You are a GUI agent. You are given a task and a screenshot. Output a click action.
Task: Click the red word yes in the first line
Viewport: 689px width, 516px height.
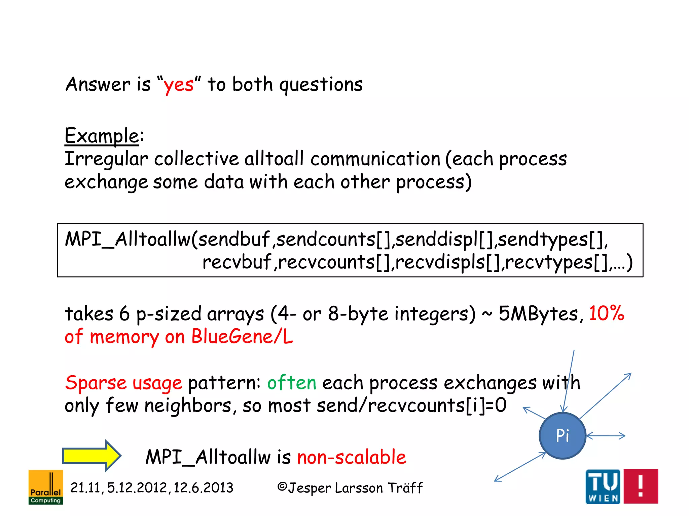tap(178, 85)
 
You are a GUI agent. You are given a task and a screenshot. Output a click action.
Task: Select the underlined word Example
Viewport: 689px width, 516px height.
tap(102, 136)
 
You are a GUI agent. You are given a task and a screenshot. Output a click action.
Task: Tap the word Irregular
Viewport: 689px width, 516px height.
tap(106, 159)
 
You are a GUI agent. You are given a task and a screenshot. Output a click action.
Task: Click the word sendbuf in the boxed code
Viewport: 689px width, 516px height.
tap(234, 240)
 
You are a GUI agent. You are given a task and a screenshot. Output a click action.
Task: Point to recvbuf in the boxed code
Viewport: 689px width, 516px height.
tap(237, 262)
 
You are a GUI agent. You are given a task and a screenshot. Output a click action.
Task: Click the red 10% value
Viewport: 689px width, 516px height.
tap(607, 314)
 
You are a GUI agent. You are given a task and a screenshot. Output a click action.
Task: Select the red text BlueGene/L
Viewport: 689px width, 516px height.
tap(242, 337)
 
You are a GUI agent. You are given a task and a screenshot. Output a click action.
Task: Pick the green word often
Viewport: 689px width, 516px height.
tap(292, 383)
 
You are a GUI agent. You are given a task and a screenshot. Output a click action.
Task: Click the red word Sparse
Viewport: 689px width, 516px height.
tap(96, 383)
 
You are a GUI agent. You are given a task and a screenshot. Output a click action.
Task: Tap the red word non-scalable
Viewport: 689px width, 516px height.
tap(352, 457)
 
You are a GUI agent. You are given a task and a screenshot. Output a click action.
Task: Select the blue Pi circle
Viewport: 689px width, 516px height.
tap(563, 436)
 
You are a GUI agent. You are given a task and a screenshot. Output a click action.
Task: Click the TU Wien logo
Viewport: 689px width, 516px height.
tap(603, 486)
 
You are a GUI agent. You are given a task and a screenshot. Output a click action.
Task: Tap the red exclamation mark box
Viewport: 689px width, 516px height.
tap(641, 486)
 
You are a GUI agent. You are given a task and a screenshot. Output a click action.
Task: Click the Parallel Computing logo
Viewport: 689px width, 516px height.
tap(46, 487)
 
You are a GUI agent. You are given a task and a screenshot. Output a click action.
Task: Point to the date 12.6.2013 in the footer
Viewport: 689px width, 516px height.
tap(203, 488)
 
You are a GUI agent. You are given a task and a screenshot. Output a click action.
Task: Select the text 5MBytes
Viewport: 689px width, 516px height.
tap(538, 314)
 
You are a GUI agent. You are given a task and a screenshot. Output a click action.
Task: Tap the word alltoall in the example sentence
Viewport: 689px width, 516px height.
tap(274, 159)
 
